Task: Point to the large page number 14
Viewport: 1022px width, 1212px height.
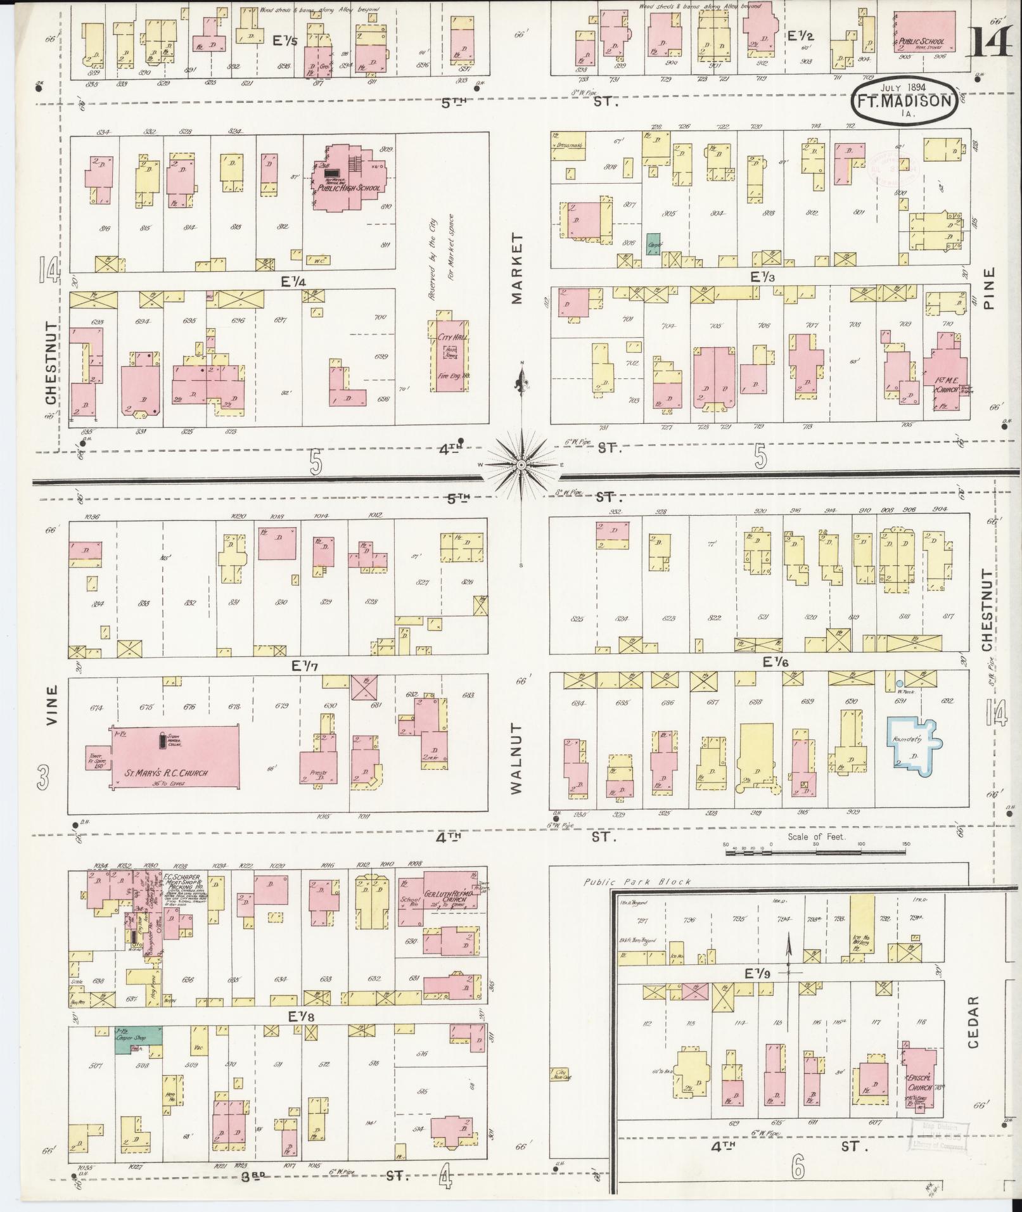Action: pos(992,46)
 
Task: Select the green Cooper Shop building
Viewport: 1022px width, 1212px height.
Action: pos(137,1039)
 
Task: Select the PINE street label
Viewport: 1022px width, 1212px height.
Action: pos(990,287)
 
